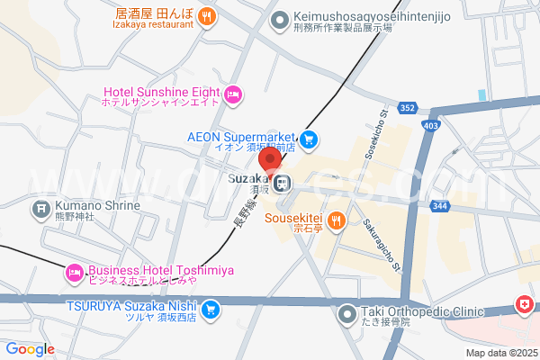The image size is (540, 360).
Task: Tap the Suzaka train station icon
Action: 283,184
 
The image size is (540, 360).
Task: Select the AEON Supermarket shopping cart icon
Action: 309,139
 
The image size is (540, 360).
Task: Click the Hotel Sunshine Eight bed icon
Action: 233,94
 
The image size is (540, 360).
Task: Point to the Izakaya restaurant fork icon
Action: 207,14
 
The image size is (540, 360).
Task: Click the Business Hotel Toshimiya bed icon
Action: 73,270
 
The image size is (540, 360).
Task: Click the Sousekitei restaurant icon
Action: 335,219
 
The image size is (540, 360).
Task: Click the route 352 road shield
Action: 408,109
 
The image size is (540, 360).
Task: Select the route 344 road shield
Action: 464,207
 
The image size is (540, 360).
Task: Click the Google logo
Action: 30,348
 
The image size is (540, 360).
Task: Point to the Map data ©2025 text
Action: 499,353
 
